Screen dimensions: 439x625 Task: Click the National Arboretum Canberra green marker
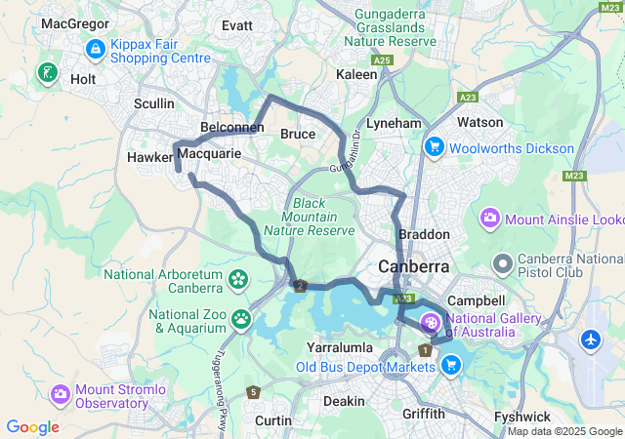coord(237,281)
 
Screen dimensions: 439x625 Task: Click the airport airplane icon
coord(592,340)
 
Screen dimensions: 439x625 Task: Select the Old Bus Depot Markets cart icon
coord(451,365)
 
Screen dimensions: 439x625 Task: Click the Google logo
coord(32,427)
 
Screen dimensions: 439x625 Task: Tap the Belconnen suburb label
coord(226,128)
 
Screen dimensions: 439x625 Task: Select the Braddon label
coord(425,235)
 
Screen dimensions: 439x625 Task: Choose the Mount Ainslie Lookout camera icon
coord(489,219)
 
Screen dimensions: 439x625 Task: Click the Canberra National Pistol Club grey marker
coord(503,262)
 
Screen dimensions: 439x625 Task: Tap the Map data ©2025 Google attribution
coord(564,431)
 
